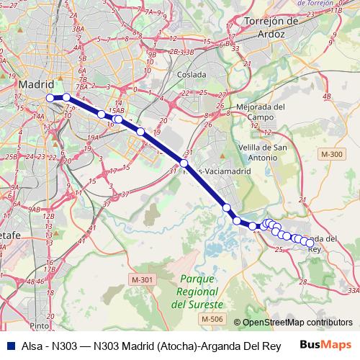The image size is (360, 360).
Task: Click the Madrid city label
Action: tap(36, 84)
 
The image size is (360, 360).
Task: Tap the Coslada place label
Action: tap(192, 74)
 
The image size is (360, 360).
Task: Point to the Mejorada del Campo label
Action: tap(260, 112)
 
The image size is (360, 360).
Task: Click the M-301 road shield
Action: tap(143, 279)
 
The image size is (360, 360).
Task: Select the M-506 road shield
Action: tap(212, 319)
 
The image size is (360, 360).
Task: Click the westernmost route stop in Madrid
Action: tap(50, 98)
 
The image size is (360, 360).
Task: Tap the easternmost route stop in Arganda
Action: tap(310, 244)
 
